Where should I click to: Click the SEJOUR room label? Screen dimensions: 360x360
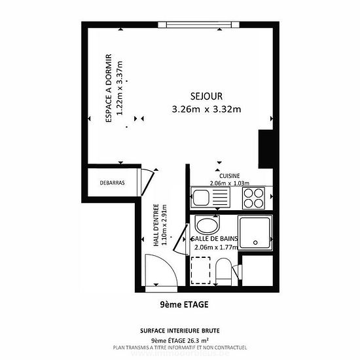[206, 96]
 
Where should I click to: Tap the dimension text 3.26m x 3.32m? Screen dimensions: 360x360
[206, 109]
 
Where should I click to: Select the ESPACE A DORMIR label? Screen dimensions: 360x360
[109, 88]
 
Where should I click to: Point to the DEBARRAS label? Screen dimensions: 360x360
[113, 183]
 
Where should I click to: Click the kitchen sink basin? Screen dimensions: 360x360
[201, 197]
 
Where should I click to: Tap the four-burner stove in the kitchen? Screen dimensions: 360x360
[253, 198]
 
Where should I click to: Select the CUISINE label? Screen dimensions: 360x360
[230, 176]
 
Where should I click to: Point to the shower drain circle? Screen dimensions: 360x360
[255, 242]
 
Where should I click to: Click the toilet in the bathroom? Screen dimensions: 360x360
[223, 272]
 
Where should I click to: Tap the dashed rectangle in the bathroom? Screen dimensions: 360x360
[201, 270]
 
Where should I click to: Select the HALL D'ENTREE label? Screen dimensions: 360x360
[156, 225]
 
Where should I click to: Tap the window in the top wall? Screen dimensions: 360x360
[199, 25]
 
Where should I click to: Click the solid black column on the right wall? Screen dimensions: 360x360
[266, 149]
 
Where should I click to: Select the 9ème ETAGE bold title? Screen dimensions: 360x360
[184, 304]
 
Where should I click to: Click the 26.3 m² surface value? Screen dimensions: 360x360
[198, 340]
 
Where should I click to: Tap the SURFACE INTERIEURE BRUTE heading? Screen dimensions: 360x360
[180, 331]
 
